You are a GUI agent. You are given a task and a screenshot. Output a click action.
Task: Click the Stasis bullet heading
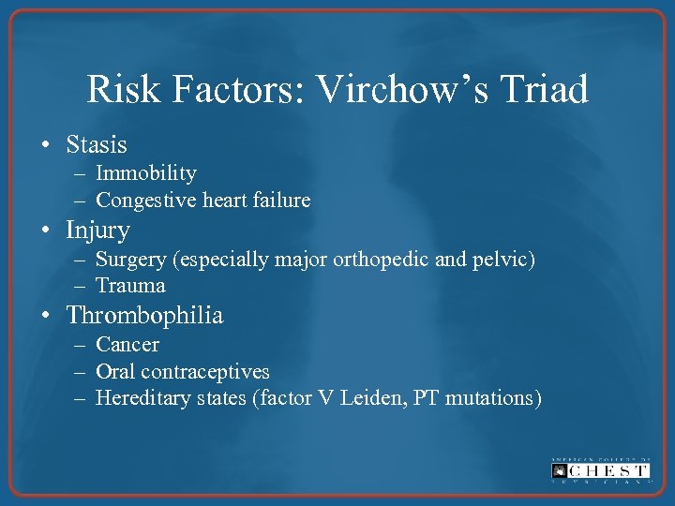(97, 145)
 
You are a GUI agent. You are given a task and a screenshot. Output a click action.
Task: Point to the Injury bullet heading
(97, 230)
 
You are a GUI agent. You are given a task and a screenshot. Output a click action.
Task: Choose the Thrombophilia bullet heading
(144, 316)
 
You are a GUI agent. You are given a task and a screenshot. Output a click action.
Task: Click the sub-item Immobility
(146, 173)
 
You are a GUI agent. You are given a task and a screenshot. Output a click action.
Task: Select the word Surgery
(129, 259)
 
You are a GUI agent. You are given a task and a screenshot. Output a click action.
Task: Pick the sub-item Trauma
(130, 286)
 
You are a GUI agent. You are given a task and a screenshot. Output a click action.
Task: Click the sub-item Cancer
(127, 344)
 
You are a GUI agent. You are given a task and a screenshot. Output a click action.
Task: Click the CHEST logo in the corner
(601, 471)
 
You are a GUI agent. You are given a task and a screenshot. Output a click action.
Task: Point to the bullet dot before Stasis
(46, 146)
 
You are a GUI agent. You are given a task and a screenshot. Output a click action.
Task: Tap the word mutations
(492, 398)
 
